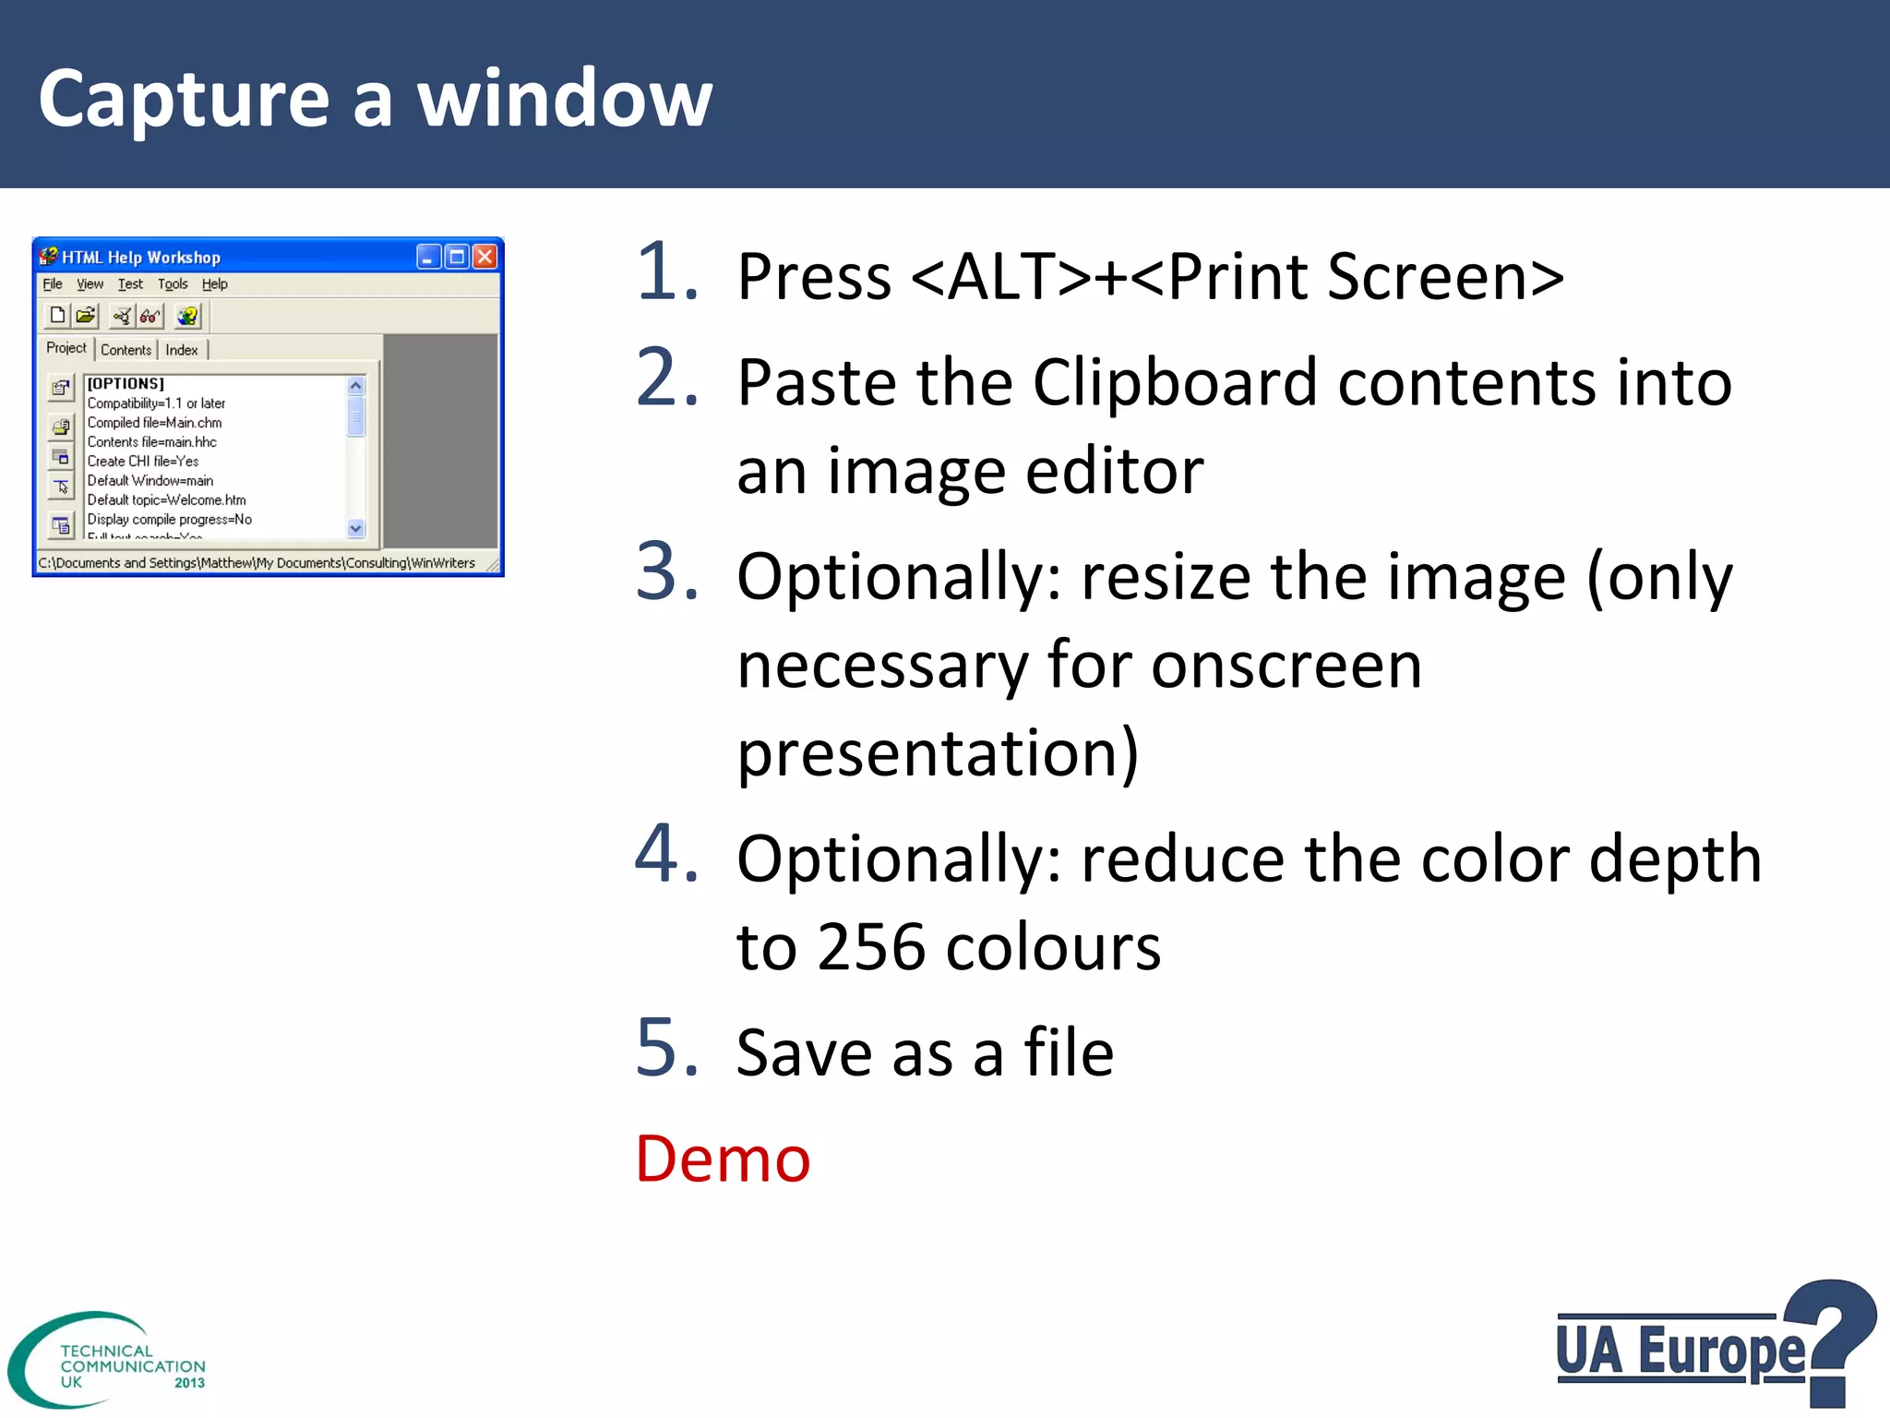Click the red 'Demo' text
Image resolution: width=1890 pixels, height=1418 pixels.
pos(723,1159)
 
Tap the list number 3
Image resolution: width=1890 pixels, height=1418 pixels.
pos(667,571)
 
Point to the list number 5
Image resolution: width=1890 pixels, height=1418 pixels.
pos(667,1048)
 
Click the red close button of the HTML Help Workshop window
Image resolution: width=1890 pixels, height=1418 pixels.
pos(484,257)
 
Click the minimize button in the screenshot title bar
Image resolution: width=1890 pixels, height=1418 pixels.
pos(428,257)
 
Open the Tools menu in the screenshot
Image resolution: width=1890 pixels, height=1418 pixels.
pos(173,284)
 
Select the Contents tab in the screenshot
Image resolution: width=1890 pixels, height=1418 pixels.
pos(126,350)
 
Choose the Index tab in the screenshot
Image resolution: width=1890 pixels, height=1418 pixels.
pos(182,350)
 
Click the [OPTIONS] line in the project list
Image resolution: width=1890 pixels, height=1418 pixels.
pos(126,384)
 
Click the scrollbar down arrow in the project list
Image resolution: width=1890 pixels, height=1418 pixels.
pos(356,529)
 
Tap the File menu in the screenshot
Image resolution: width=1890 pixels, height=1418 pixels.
pos(53,284)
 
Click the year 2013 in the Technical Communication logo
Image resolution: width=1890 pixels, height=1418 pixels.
pos(189,1383)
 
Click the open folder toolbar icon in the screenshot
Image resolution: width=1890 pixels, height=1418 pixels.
pos(86,316)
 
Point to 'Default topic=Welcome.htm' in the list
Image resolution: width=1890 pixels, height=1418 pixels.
pos(167,500)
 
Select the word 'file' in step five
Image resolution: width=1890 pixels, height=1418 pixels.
pos(1068,1052)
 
